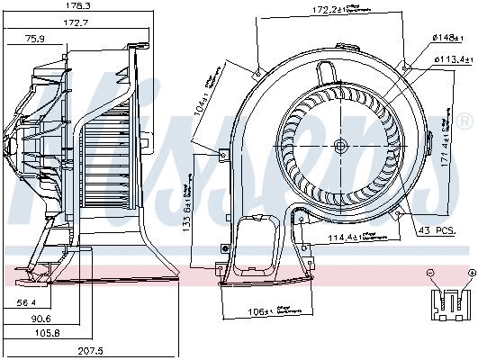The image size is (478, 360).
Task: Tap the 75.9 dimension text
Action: coord(35,39)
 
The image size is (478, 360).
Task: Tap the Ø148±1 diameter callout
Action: coord(447,37)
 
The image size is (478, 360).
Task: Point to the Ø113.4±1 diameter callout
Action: coord(453,58)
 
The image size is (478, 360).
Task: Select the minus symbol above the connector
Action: coord(430,272)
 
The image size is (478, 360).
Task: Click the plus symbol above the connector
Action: coord(471,272)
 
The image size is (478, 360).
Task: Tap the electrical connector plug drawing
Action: coord(450,303)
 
